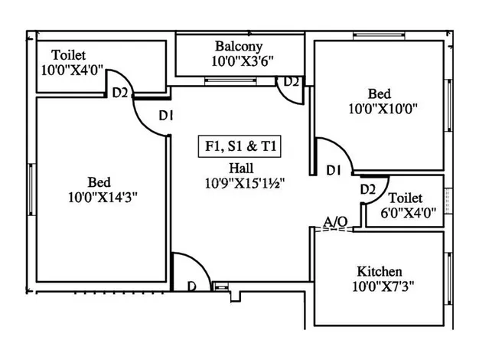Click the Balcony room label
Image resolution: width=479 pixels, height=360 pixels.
click(x=238, y=46)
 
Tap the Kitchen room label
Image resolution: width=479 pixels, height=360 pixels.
click(x=380, y=272)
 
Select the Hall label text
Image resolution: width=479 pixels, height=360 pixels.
click(x=240, y=169)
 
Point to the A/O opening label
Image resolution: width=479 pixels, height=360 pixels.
click(x=335, y=221)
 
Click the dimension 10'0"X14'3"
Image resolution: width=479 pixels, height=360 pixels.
click(x=102, y=197)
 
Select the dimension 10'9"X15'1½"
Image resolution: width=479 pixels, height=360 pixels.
click(x=239, y=183)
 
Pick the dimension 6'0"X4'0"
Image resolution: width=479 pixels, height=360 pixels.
click(x=408, y=214)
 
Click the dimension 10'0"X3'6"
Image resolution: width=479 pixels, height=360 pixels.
click(x=238, y=61)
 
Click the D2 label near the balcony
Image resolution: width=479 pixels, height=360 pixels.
click(x=292, y=82)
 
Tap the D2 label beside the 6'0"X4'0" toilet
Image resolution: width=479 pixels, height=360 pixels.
click(x=367, y=189)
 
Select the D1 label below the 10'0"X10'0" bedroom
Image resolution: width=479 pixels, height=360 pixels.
click(x=333, y=170)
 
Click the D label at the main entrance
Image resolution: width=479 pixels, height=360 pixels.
click(x=192, y=286)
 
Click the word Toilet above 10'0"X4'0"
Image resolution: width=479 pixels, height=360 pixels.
click(x=69, y=55)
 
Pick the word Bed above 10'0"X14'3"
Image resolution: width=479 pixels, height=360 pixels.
click(x=100, y=182)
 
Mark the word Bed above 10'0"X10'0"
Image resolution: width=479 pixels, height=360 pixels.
click(x=381, y=93)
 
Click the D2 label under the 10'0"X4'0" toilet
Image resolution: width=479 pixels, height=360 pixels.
click(x=120, y=93)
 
